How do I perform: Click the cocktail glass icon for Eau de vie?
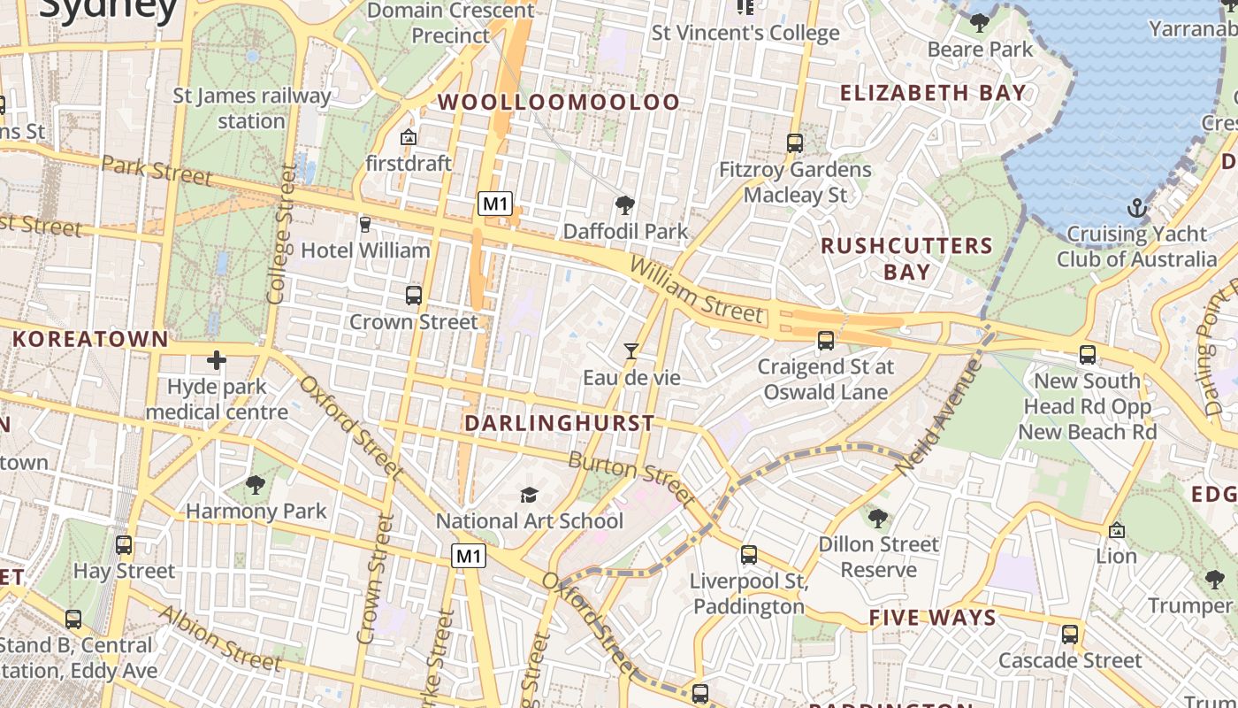(x=630, y=351)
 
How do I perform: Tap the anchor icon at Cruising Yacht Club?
(x=1137, y=209)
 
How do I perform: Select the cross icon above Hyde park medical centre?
(x=217, y=360)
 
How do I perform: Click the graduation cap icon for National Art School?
(x=529, y=495)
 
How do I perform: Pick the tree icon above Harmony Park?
(x=256, y=484)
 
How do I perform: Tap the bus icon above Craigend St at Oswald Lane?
(x=826, y=340)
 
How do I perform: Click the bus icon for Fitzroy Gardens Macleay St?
(x=795, y=142)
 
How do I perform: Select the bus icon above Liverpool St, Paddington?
(x=749, y=555)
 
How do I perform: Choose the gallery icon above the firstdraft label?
(x=409, y=137)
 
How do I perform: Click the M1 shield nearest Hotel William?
(x=495, y=204)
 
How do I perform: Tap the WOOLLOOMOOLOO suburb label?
(x=560, y=103)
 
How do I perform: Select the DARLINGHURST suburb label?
(x=560, y=423)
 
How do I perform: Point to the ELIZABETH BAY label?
(x=933, y=93)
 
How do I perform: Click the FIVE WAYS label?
(x=933, y=618)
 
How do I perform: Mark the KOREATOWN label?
(x=90, y=339)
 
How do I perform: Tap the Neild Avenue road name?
(x=938, y=409)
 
